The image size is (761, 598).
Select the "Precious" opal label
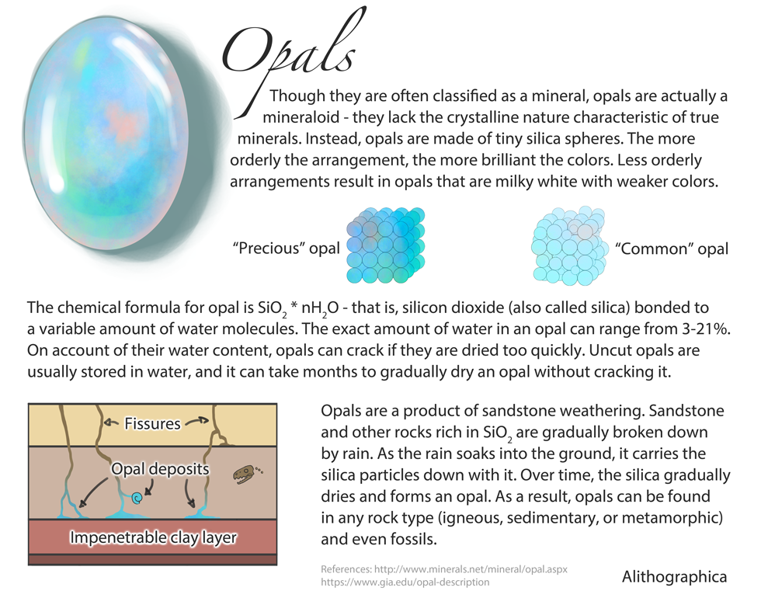287,248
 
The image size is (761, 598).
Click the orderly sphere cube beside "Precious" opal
385,245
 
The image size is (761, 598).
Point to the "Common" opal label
672,249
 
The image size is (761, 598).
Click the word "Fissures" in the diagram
152,423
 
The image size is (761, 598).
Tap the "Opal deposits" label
160,468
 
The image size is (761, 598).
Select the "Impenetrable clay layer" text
154,537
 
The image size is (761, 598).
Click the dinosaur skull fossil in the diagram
246,475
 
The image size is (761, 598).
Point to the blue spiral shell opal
137,497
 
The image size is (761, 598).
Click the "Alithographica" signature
675,576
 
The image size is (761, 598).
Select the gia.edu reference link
405,582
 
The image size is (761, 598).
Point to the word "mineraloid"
304,117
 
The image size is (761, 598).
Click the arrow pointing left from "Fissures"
112,422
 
